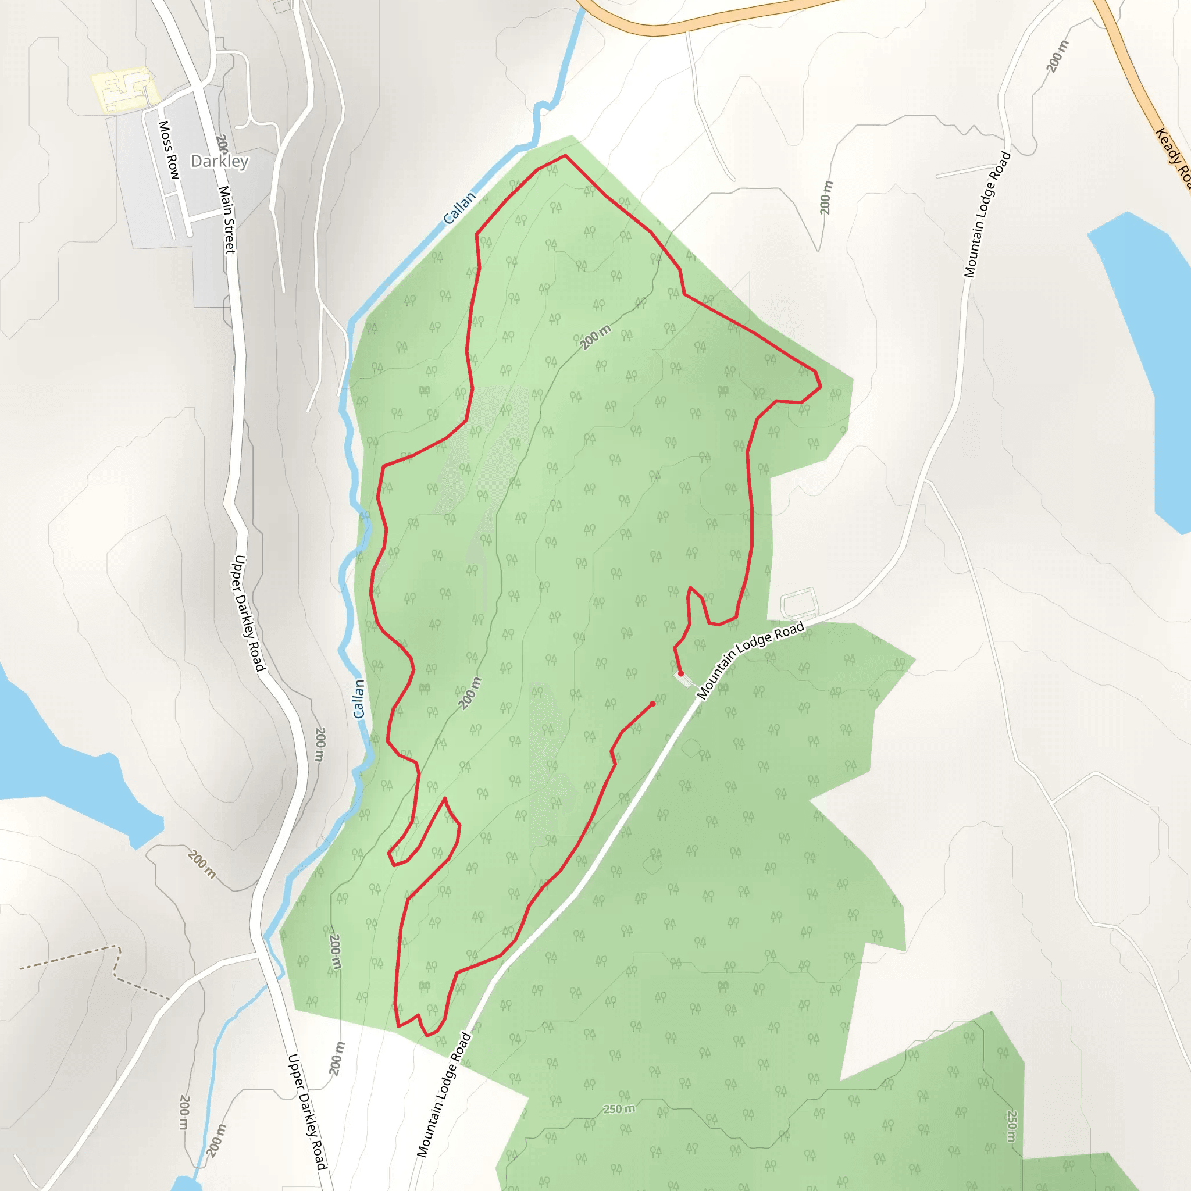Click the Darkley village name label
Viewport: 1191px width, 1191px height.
[x=219, y=162]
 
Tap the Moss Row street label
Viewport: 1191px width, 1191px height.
[x=167, y=150]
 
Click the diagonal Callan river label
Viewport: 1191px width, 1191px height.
[x=459, y=208]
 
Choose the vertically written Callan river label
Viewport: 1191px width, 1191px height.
[x=359, y=698]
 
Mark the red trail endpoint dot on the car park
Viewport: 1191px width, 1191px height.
[x=680, y=674]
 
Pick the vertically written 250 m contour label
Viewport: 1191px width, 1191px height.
[x=1012, y=1126]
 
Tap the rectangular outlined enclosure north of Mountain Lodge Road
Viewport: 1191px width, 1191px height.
[x=800, y=602]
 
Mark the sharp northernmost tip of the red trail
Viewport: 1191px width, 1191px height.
[x=565, y=155]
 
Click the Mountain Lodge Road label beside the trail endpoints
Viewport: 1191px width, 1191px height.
[x=751, y=659]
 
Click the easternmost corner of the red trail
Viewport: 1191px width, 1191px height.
[x=821, y=387]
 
